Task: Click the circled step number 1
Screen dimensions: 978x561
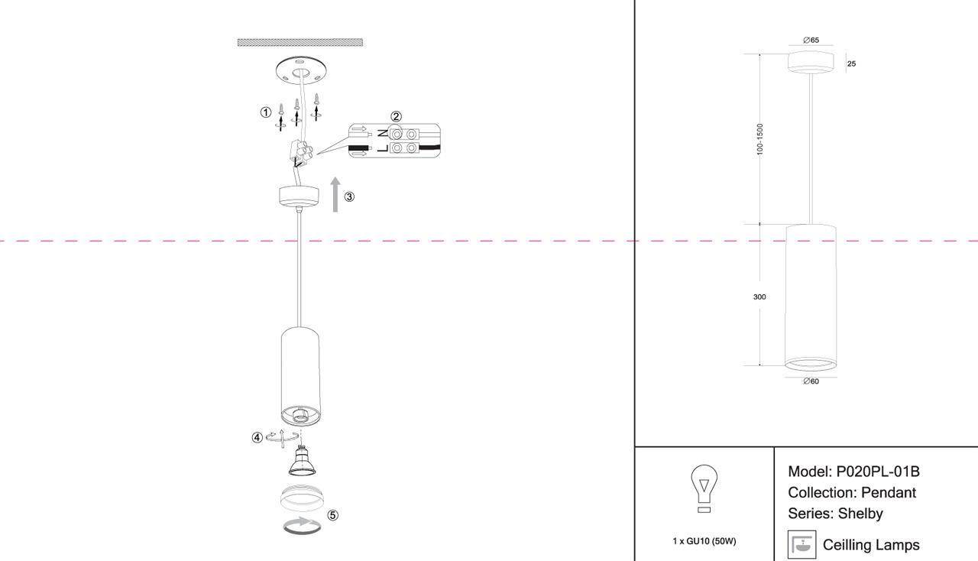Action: click(265, 112)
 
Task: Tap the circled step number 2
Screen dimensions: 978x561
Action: click(396, 116)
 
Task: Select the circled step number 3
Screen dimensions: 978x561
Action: click(349, 196)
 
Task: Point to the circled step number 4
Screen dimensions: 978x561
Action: click(257, 437)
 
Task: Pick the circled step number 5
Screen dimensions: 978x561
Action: click(332, 515)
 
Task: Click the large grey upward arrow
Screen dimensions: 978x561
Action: click(335, 194)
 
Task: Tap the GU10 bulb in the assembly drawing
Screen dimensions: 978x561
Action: click(302, 461)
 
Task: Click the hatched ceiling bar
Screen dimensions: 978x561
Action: click(300, 42)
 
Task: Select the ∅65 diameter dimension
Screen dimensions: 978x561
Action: click(811, 41)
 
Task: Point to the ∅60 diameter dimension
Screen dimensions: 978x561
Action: click(811, 381)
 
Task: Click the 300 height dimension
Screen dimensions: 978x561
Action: click(759, 297)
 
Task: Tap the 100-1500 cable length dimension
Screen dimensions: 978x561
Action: click(759, 139)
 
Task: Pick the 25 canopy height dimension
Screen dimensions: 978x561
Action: click(851, 63)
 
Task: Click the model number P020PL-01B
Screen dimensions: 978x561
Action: click(878, 472)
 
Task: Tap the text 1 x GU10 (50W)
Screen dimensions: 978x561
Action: click(704, 541)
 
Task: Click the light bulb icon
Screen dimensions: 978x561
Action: click(704, 488)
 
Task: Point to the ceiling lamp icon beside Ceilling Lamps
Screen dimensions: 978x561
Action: click(802, 544)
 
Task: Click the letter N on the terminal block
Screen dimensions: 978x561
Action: click(383, 133)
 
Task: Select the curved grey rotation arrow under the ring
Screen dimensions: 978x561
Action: click(302, 525)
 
